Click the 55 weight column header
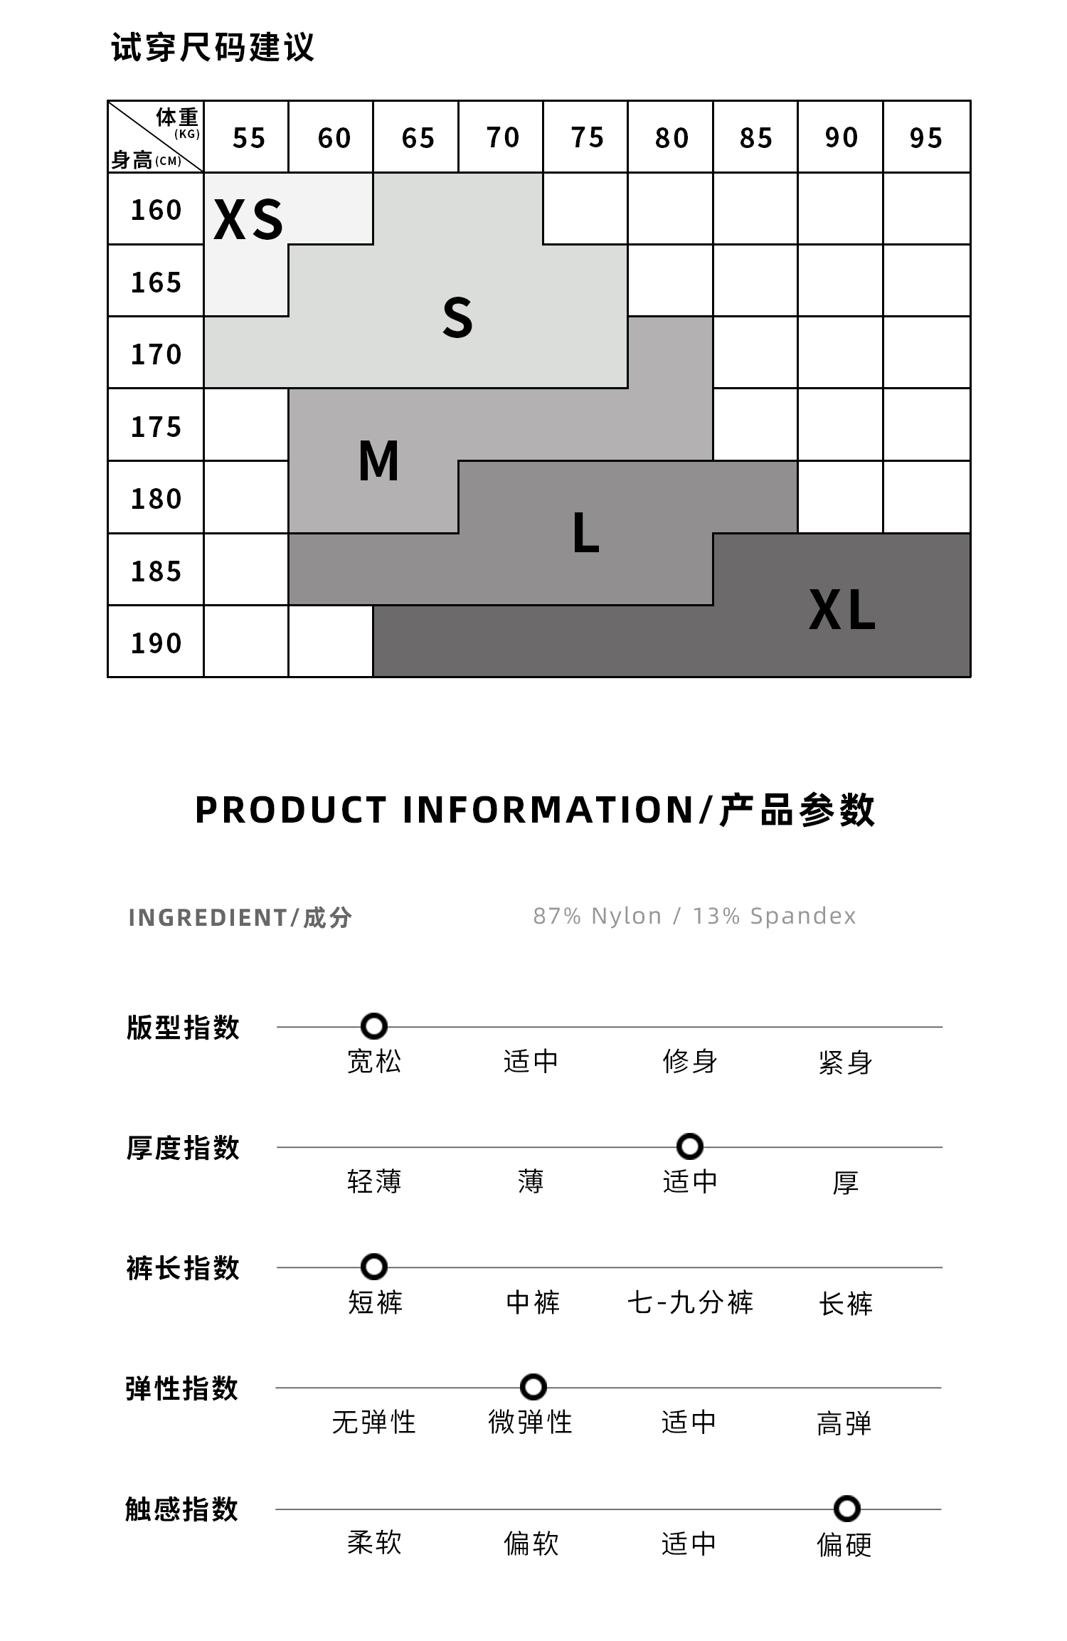tap(248, 137)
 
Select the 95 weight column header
tap(925, 137)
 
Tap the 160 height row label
tap(156, 210)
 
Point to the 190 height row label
tap(156, 643)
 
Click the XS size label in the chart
tap(248, 219)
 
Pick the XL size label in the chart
tap(842, 611)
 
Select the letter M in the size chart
tap(378, 460)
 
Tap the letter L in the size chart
tap(585, 532)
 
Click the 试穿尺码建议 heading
tap(213, 48)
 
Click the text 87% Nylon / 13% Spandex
tap(694, 916)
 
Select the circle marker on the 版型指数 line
tap(374, 1026)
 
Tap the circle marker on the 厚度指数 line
tap(689, 1146)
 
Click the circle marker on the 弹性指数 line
tap(533, 1387)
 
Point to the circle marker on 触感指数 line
tap(846, 1508)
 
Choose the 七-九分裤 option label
tap(689, 1303)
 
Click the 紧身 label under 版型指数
tap(845, 1062)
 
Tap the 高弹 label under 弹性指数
tap(844, 1423)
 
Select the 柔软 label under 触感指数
tap(374, 1544)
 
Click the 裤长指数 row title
tap(183, 1268)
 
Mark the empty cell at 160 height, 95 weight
tap(926, 209)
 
